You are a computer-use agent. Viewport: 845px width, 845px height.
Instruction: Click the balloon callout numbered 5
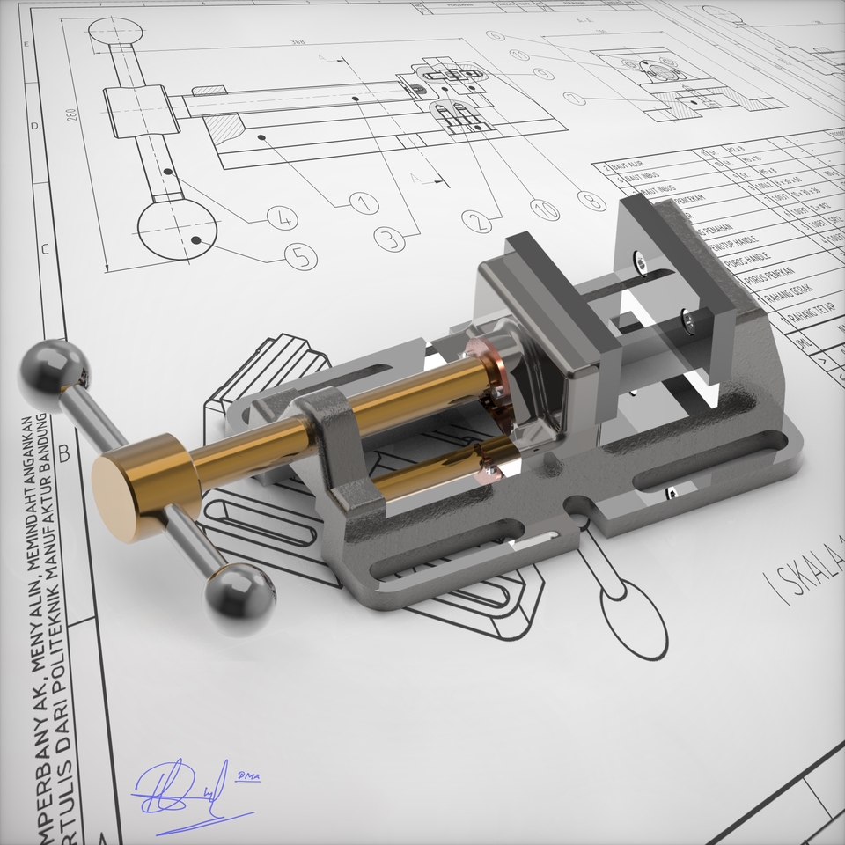tap(301, 256)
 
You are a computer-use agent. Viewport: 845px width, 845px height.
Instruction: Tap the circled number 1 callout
tap(364, 203)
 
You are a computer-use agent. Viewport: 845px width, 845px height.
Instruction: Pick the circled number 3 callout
tap(388, 238)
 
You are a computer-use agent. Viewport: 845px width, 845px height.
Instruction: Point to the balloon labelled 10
tap(545, 209)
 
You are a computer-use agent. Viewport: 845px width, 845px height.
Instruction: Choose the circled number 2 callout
tap(478, 221)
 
